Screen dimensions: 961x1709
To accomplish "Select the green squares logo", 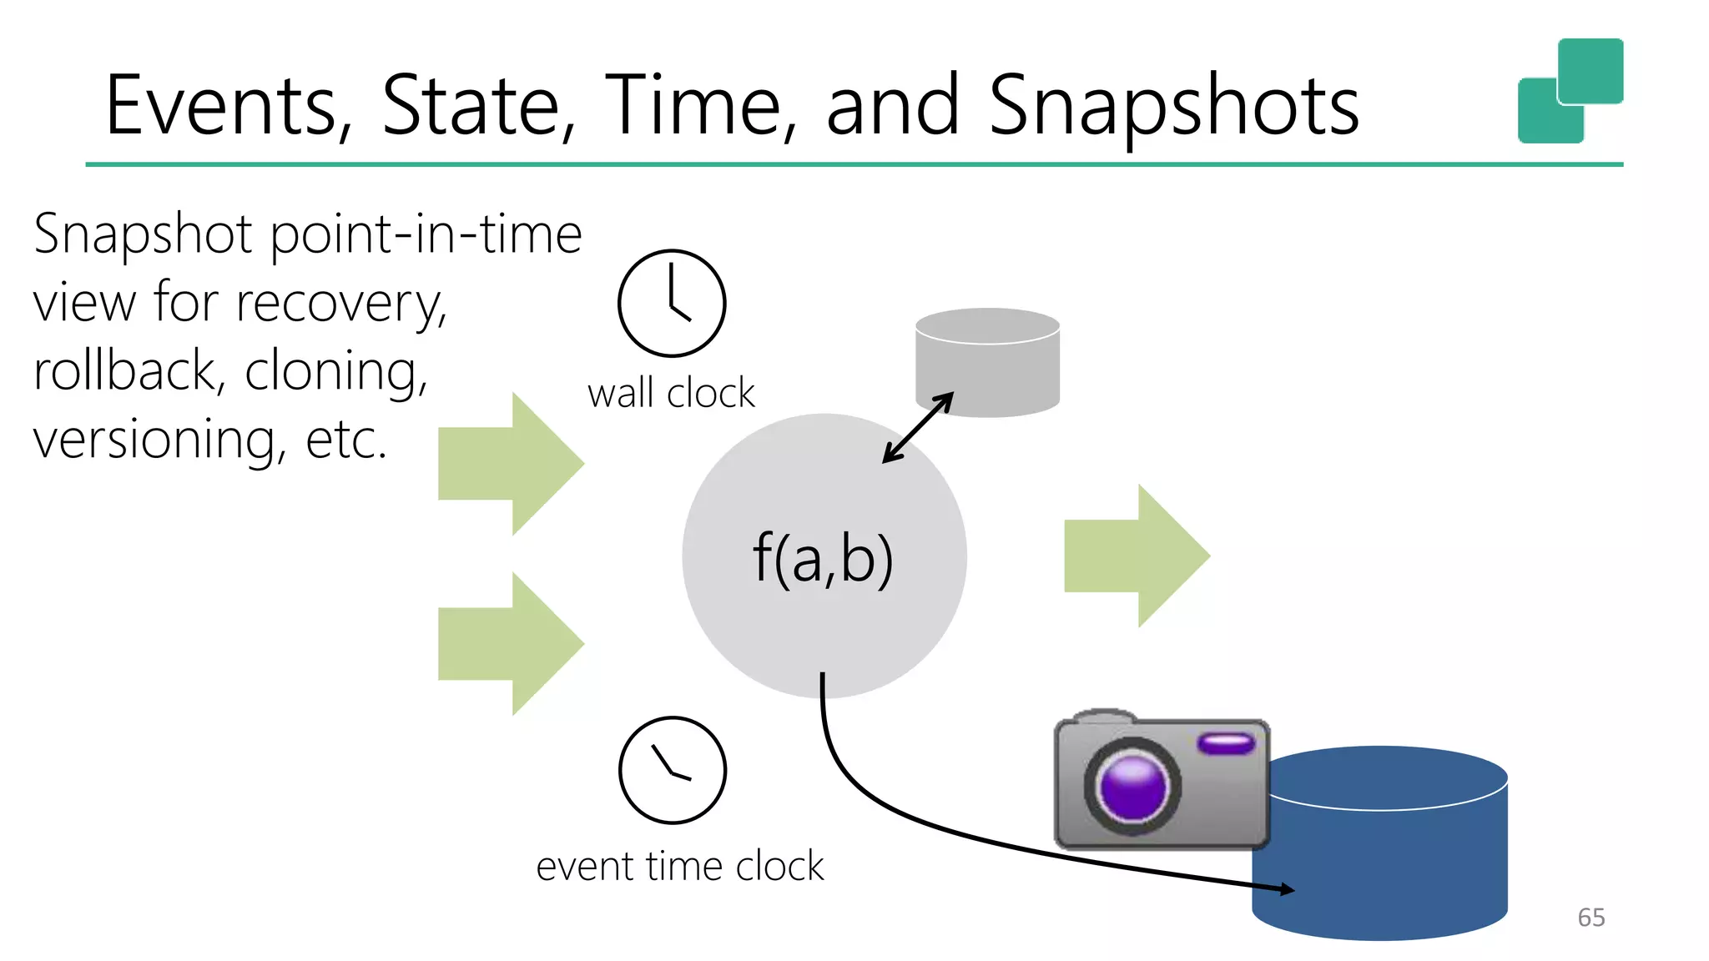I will (x=1570, y=90).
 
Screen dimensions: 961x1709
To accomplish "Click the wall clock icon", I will (x=672, y=303).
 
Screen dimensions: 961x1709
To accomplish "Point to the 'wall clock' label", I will (x=671, y=393).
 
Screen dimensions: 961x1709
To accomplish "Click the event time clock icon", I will (x=673, y=770).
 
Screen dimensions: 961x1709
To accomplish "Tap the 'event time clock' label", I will (x=679, y=866).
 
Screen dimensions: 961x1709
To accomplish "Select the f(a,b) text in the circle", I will (x=823, y=558).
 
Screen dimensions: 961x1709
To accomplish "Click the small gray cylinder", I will (x=987, y=362).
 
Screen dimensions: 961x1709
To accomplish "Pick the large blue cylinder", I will (x=1380, y=843).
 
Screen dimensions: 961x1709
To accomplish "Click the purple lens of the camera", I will (x=1132, y=787).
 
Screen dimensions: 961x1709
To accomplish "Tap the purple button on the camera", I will (x=1226, y=742).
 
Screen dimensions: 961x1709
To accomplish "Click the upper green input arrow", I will (x=511, y=464).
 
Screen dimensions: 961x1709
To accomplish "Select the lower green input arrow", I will (x=511, y=644).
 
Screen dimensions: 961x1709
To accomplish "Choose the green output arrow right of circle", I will (x=1137, y=556).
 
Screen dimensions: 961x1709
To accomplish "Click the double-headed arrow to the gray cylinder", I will (x=918, y=428).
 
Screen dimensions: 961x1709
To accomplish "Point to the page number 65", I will (x=1591, y=918).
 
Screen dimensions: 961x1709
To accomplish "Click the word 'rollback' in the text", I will (x=126, y=370).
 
